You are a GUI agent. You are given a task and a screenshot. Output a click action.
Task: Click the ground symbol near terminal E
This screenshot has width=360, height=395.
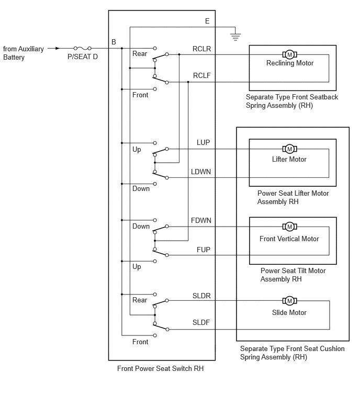pos(235,37)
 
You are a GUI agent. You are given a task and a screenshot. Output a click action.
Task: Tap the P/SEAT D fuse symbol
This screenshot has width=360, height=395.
pos(82,48)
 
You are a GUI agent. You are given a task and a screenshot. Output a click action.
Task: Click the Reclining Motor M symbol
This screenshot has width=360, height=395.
pos(289,54)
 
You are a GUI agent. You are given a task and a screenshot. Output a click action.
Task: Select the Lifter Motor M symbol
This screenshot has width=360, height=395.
pos(289,149)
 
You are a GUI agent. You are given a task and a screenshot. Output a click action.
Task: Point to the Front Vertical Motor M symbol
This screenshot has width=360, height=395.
pos(289,227)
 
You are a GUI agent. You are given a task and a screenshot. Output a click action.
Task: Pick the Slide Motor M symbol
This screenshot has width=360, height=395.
pos(289,300)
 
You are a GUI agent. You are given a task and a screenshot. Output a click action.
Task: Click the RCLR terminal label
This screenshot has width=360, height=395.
pos(201,49)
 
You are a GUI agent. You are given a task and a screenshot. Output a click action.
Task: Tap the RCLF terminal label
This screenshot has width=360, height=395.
pos(201,75)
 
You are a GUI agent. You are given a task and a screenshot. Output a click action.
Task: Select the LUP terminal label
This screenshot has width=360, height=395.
pos(203,143)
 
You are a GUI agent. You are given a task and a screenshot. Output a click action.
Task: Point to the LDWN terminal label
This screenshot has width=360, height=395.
pos(201,172)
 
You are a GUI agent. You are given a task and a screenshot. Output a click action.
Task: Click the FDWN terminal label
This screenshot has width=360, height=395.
pos(201,220)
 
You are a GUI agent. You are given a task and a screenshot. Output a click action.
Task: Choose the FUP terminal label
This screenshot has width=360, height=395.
pos(204,250)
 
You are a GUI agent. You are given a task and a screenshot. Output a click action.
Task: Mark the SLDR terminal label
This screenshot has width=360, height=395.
pos(201,296)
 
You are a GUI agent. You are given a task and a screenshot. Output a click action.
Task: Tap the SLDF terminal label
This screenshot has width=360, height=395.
pos(201,322)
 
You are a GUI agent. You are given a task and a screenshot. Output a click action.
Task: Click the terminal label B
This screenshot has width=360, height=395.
pos(114,42)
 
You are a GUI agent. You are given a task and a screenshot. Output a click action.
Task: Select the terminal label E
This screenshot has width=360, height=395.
pos(207,21)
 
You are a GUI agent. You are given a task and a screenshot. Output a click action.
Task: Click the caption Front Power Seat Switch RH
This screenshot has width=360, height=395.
pos(160,368)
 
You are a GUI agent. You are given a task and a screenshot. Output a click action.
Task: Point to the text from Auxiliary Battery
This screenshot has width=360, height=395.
pos(24,53)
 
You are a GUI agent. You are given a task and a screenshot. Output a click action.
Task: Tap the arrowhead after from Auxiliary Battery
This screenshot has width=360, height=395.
pos(58,48)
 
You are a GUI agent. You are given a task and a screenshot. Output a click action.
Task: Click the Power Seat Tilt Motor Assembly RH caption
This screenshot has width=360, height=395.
pos(293,275)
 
